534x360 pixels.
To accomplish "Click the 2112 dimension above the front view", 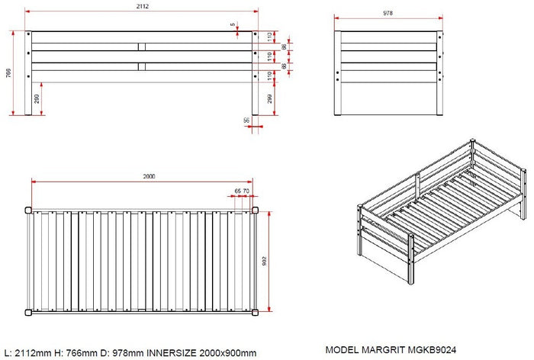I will click(143, 6).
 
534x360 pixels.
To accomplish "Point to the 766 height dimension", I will click(8, 73).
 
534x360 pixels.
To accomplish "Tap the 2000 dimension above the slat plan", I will click(149, 176).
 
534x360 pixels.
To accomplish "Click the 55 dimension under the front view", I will click(247, 121).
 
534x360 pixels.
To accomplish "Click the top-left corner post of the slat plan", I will click(28, 208).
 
